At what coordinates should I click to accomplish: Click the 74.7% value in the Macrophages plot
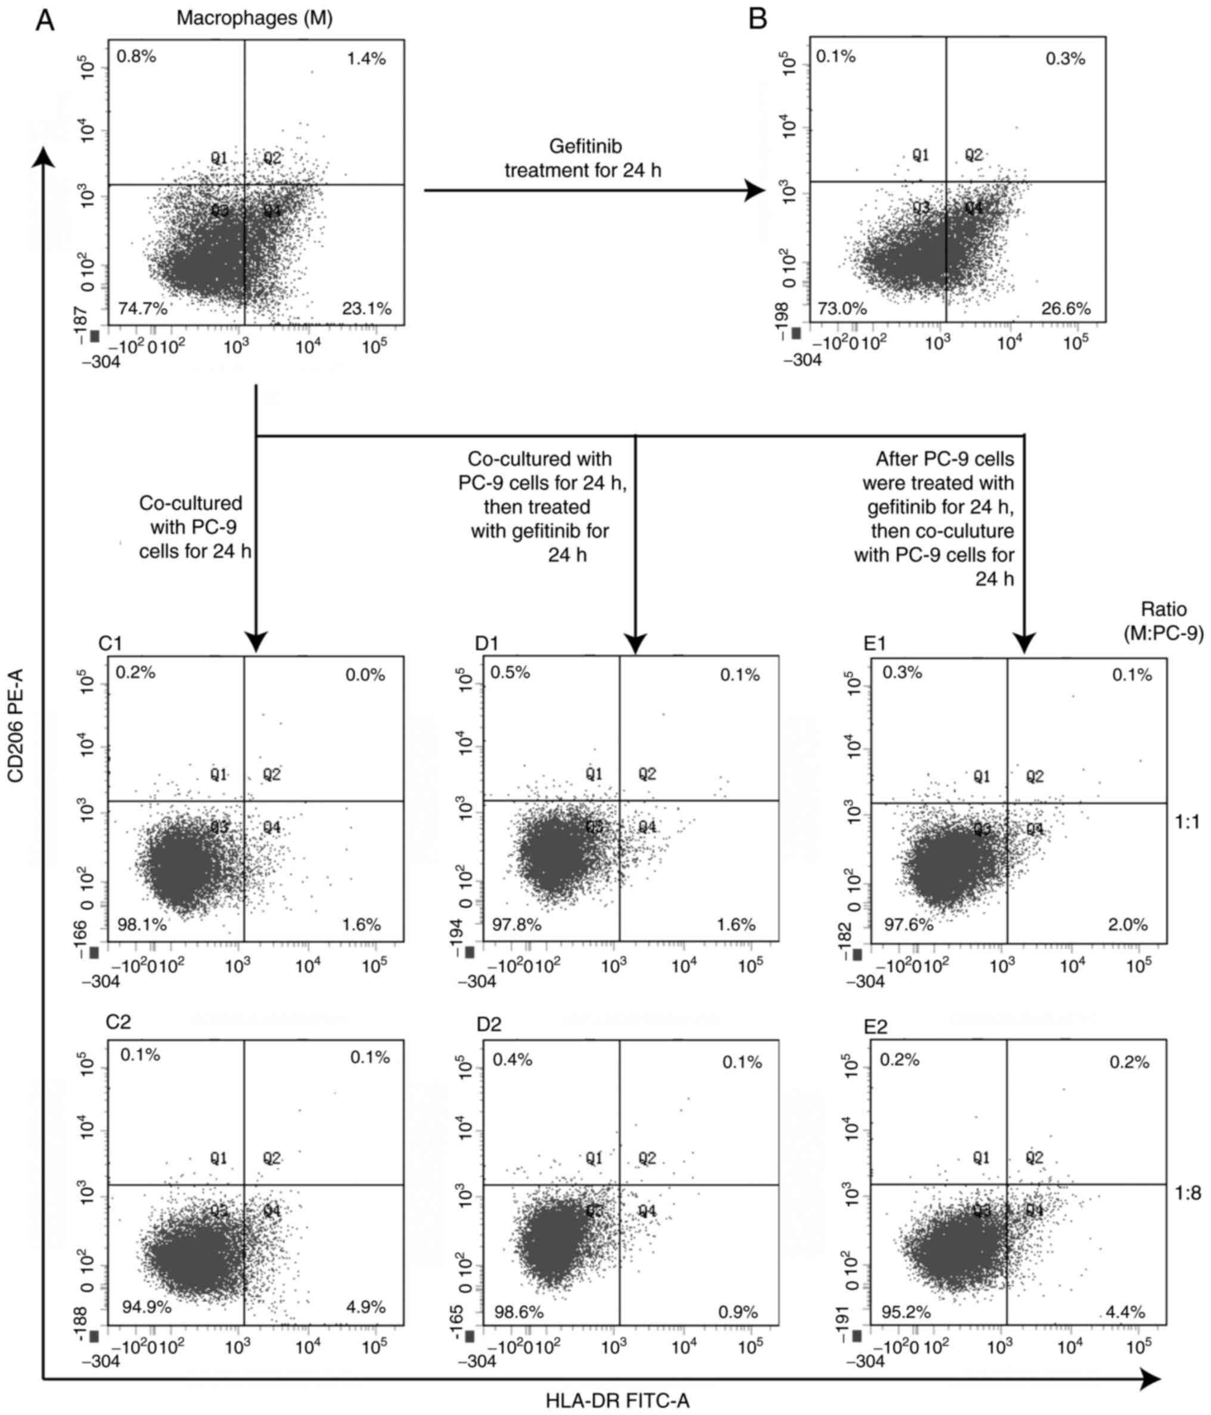(x=142, y=309)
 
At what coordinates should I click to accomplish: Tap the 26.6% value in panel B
(x=1066, y=309)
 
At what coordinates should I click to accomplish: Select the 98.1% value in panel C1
(x=141, y=925)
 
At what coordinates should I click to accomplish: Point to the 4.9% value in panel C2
(x=367, y=1307)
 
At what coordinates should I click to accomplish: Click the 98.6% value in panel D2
(x=518, y=1312)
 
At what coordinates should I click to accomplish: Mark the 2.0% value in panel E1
(x=1128, y=925)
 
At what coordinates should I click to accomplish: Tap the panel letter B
(x=757, y=19)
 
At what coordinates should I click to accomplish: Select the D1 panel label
(x=487, y=643)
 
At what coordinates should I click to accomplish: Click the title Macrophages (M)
(x=254, y=18)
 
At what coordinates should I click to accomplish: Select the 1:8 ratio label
(x=1188, y=1193)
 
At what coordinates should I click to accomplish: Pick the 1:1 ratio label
(x=1188, y=822)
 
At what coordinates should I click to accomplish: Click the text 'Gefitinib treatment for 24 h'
(x=584, y=158)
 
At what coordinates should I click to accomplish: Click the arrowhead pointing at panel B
(x=754, y=191)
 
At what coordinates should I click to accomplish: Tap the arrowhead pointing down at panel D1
(x=635, y=643)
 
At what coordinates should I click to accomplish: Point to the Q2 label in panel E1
(x=1035, y=776)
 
